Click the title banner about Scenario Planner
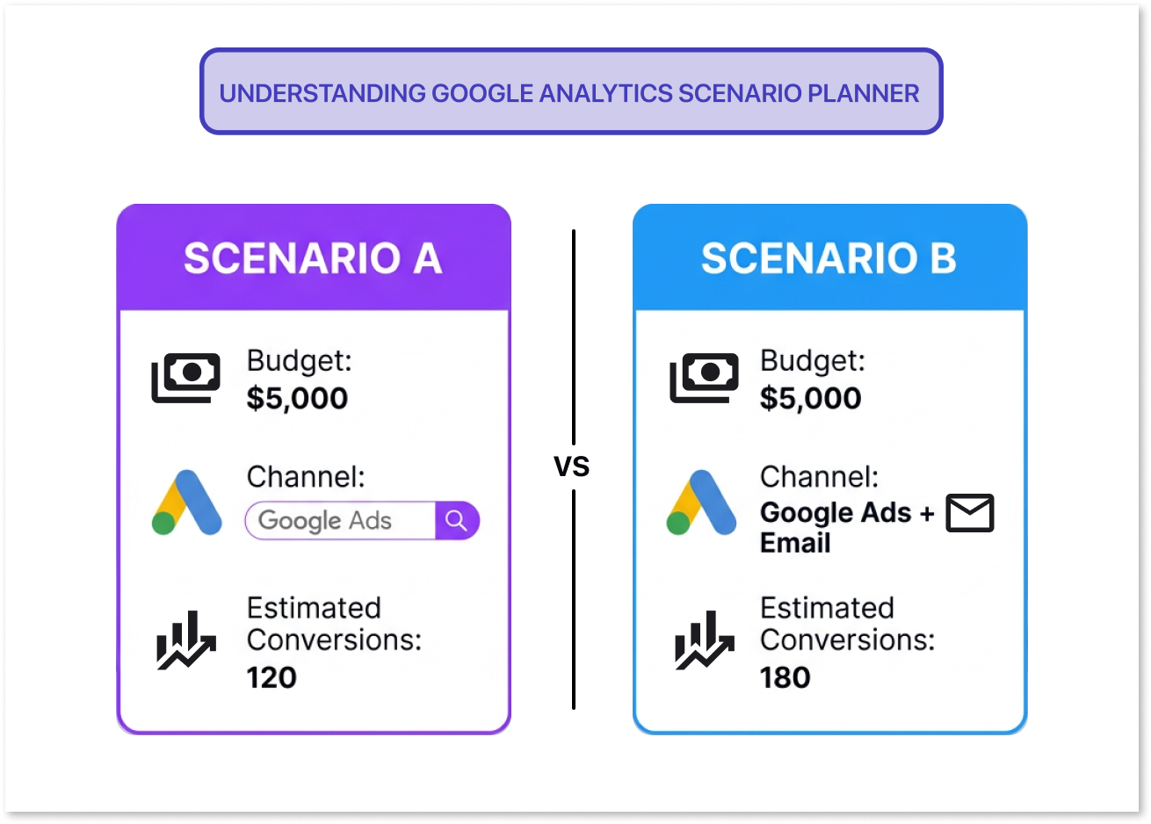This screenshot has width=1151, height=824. tap(569, 93)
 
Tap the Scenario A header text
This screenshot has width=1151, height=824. tap(312, 258)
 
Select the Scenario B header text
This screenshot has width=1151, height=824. tap(829, 258)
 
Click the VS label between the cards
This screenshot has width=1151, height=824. tap(572, 466)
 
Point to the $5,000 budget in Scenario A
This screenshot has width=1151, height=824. tap(297, 399)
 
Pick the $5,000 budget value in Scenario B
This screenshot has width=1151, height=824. tap(810, 399)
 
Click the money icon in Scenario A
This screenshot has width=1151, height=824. tap(185, 378)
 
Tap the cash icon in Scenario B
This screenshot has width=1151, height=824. tap(704, 378)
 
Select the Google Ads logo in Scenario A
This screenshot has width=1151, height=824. tap(186, 502)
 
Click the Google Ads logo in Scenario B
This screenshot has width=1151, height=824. tap(700, 502)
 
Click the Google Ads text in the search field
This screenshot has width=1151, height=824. tap(325, 521)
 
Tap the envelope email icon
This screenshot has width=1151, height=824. tap(969, 513)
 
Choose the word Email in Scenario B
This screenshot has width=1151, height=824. tap(795, 543)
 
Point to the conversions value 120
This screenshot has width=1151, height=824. tap(271, 677)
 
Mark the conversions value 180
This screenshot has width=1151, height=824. tap(785, 677)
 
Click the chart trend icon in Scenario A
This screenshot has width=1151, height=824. tap(185, 640)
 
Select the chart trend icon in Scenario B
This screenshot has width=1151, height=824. tap(704, 640)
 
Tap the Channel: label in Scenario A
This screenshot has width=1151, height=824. tap(306, 477)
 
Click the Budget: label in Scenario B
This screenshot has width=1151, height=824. tap(813, 360)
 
